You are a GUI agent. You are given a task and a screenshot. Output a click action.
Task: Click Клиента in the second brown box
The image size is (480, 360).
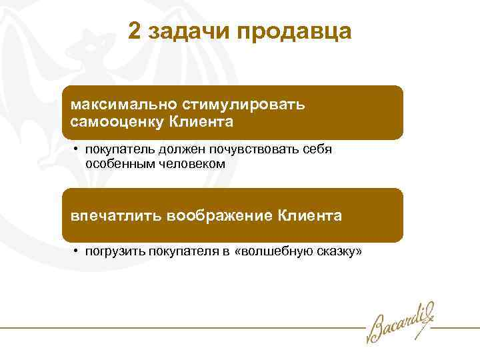click(310, 216)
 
